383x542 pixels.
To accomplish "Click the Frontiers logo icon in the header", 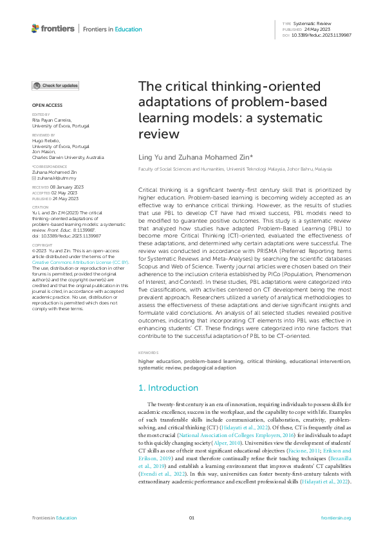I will click(36, 28).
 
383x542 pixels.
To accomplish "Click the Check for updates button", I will click(56, 86).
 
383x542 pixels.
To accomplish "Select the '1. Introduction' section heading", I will click(169, 388).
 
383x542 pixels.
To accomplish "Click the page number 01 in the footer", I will click(191, 518).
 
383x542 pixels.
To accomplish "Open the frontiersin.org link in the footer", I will click(335, 518).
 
